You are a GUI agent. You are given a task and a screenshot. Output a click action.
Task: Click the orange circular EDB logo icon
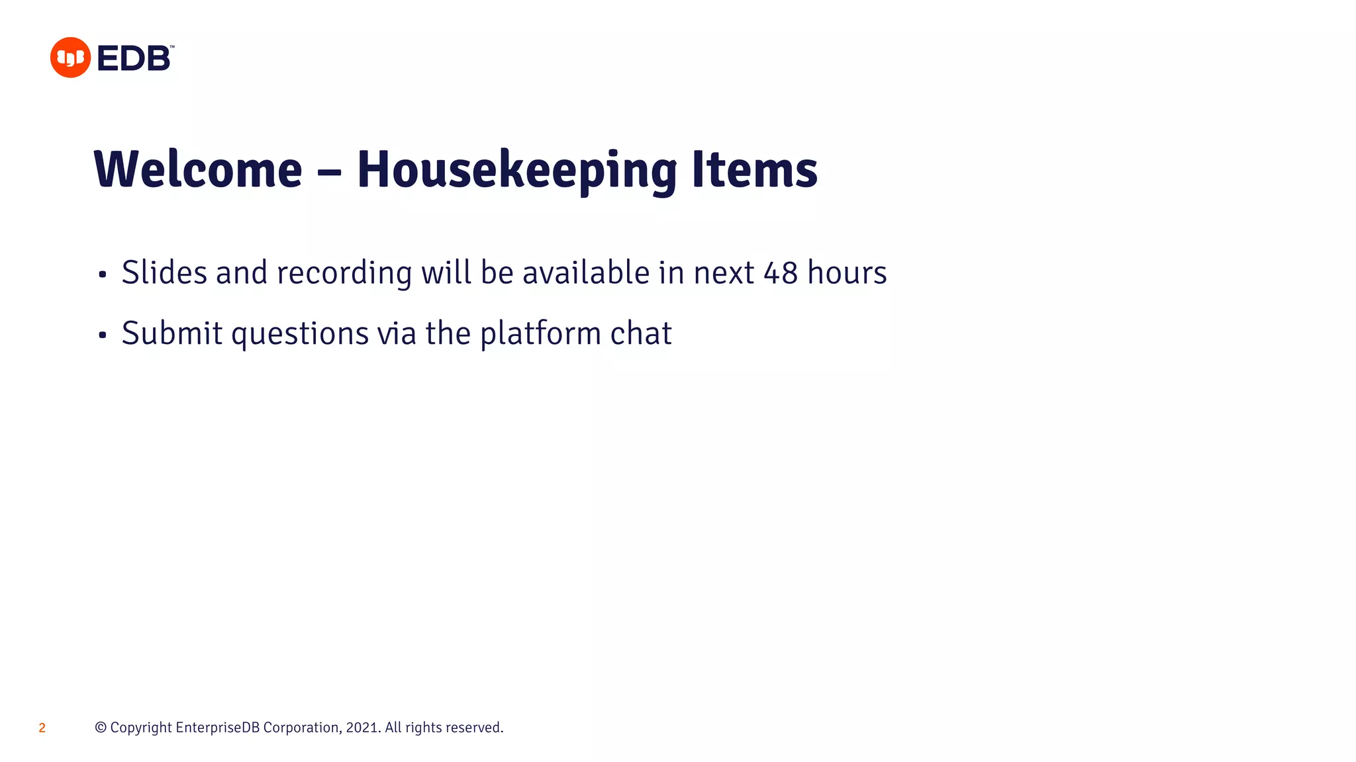[70, 58]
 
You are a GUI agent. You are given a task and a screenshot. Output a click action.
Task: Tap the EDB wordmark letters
[134, 58]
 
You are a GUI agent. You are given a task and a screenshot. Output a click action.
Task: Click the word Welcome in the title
[198, 170]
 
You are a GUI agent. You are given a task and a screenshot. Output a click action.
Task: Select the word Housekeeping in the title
[516, 170]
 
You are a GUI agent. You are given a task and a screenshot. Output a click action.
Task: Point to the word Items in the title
[755, 170]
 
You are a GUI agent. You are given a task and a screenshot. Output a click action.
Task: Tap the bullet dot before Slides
[102, 275]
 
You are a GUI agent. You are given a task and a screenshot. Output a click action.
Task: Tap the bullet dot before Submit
[102, 335]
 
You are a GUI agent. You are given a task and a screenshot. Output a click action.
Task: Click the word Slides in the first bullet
[164, 273]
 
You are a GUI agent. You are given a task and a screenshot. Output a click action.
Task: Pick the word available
[585, 273]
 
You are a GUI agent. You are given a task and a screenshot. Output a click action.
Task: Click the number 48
[781, 273]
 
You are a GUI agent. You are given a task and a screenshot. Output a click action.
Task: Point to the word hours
[847, 273]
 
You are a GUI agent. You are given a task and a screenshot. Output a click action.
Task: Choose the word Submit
[172, 333]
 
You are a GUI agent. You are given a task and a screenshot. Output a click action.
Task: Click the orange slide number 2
[42, 728]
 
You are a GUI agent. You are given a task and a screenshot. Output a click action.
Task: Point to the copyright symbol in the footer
[101, 728]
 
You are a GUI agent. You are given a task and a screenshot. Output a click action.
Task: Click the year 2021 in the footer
[362, 728]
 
